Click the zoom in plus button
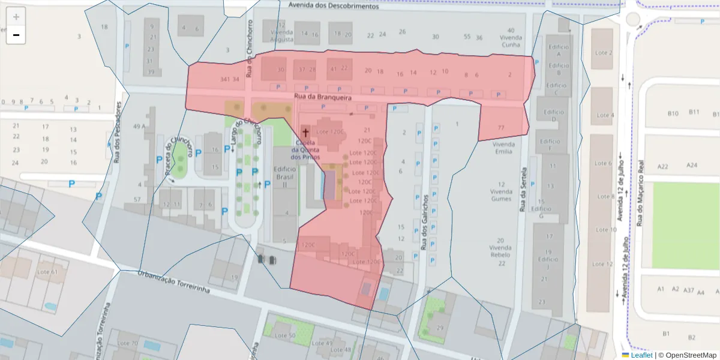[x=16, y=17]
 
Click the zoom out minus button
[x=16, y=35]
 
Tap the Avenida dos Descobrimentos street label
[x=333, y=5]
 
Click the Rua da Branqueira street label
[x=322, y=97]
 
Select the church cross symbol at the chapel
[x=305, y=131]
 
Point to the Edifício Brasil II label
[x=285, y=177]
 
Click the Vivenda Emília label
[x=502, y=148]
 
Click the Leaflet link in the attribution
[x=641, y=355]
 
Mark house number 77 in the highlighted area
[x=501, y=128]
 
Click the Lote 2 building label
[x=602, y=53]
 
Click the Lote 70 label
[x=127, y=343]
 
